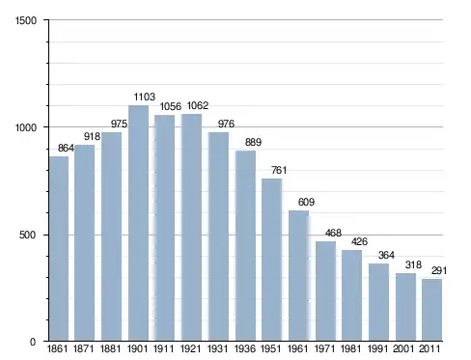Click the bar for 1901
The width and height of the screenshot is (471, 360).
pos(138,223)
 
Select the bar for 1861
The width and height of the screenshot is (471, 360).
pos(59,248)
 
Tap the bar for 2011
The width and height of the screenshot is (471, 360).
pos(431,310)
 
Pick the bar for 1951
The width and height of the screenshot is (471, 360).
pos(272,260)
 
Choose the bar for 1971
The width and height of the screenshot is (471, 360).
pos(325,291)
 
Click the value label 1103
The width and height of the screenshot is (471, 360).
pos(145,97)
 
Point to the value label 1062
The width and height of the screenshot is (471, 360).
pos(198,105)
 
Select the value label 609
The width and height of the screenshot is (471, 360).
pos(306,202)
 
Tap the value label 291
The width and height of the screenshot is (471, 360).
pos(439,271)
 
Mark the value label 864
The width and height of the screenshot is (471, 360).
pos(66,148)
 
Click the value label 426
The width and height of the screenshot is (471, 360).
pos(359,241)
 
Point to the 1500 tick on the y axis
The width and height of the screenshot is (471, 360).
pos(26,20)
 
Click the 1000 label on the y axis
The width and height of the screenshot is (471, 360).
pos(26,127)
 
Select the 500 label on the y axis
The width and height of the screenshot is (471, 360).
pos(28,235)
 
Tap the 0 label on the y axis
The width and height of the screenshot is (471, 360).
pos(33,342)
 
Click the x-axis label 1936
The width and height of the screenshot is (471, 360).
pos(245,348)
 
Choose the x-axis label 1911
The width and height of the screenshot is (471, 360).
pos(163,348)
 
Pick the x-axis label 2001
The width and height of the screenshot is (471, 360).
pos(403,348)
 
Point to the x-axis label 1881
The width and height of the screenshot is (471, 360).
pos(110,348)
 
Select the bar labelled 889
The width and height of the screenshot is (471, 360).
pos(245,246)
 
